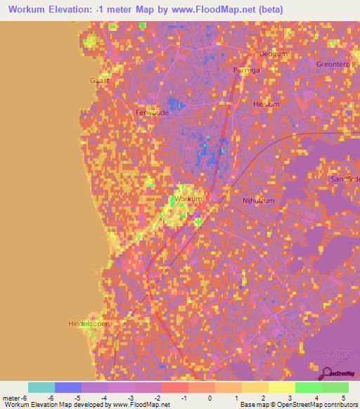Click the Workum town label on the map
pyautogui.click(x=188, y=199)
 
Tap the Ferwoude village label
pyautogui.click(x=151, y=112)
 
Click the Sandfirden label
pyautogui.click(x=345, y=179)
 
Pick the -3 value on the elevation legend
pyautogui.click(x=121, y=398)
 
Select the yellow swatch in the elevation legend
pyautogui.click(x=281, y=387)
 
